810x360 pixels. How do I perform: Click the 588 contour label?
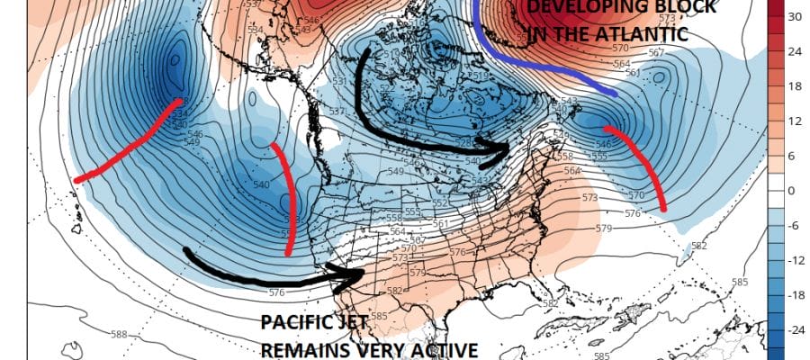click(x=120, y=335)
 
